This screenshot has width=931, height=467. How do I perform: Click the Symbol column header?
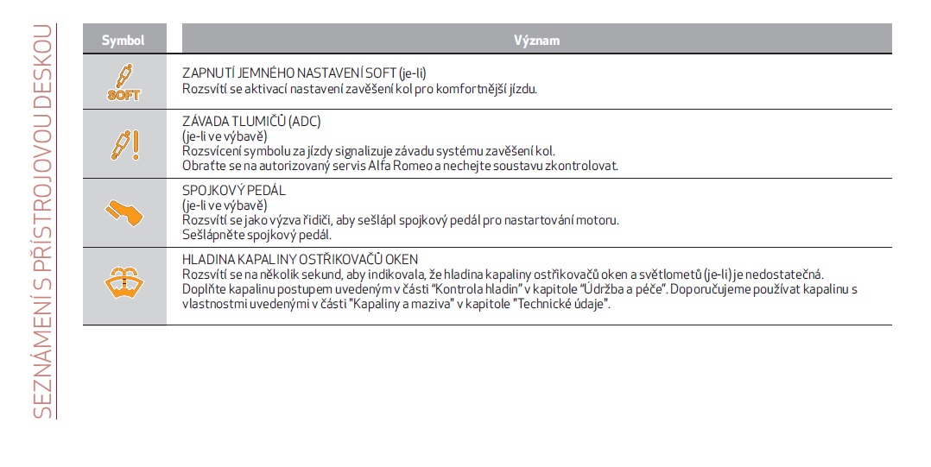point(123,40)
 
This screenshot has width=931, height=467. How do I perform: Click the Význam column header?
point(536,40)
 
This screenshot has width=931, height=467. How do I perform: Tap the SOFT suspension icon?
point(123,81)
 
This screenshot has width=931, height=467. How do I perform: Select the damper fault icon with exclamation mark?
point(123,144)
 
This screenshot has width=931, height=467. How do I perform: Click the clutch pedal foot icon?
point(123,213)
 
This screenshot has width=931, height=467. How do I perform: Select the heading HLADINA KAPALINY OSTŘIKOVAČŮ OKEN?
point(300,260)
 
